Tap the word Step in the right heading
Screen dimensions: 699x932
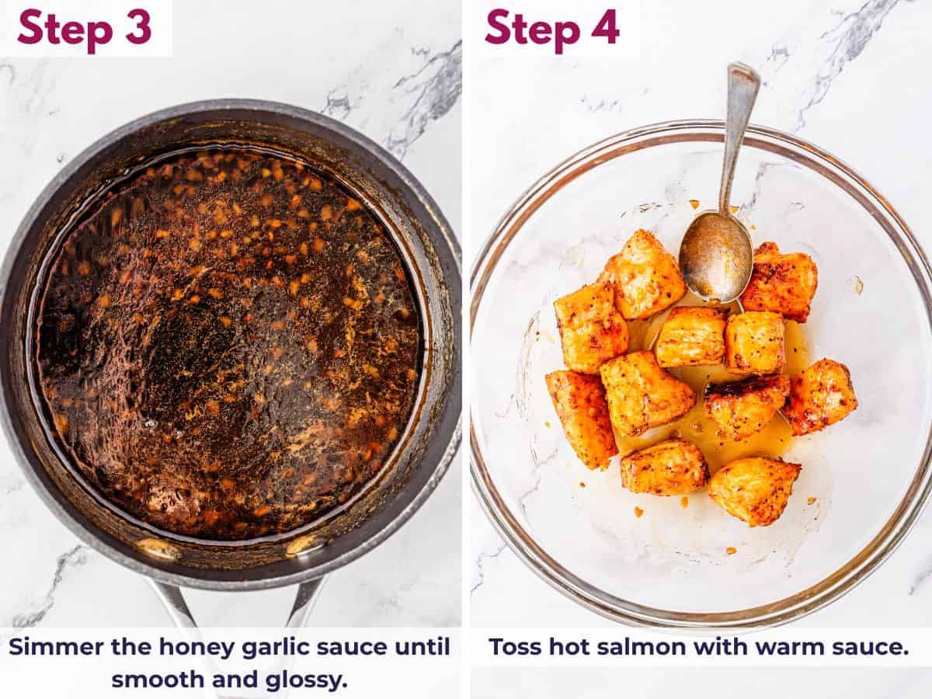(x=533, y=30)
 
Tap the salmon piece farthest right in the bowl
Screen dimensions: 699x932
(x=821, y=396)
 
